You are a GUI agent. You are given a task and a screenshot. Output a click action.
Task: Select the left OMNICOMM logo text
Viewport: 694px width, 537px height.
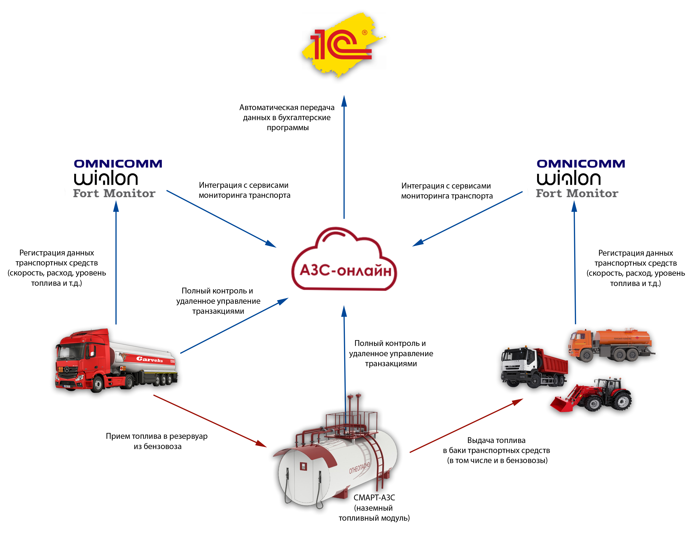coord(118,164)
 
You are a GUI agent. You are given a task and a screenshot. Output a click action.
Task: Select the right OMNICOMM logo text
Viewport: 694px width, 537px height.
coord(581,164)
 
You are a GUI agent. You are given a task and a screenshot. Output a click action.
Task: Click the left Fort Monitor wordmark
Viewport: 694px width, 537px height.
coord(114,193)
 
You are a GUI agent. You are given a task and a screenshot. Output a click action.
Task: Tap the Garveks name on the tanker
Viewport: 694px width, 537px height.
coord(149,359)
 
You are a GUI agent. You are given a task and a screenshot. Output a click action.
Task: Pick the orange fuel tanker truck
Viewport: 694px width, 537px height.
coord(610,345)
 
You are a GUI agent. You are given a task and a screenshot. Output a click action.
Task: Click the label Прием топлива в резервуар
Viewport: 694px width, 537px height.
coord(157,436)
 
